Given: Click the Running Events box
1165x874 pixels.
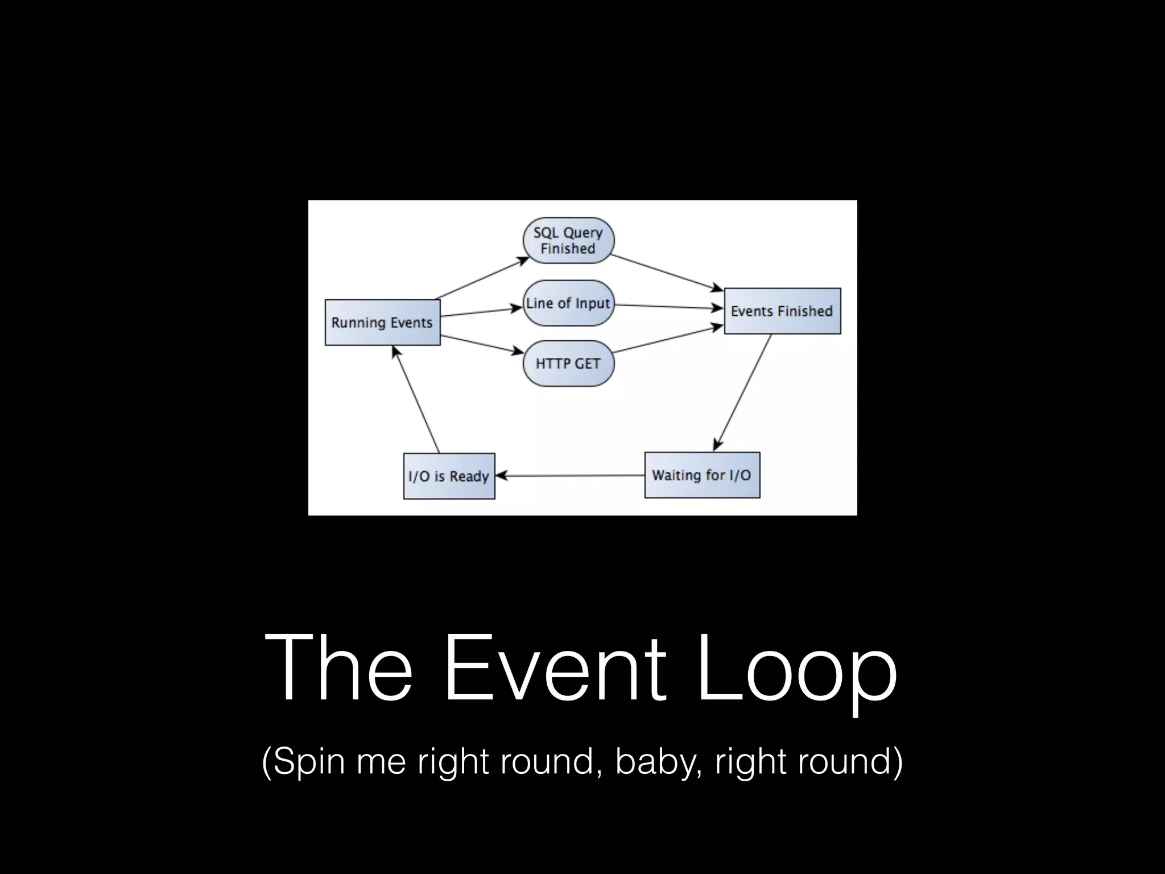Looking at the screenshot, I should click(382, 323).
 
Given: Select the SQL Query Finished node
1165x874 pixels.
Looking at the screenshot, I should click(568, 240).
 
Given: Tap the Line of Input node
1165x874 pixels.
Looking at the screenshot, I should click(568, 303).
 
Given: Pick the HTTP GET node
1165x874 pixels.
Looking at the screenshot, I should click(568, 364).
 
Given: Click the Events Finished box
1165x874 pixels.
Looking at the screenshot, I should click(782, 311).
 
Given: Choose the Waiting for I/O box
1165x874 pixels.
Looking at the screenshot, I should click(702, 475).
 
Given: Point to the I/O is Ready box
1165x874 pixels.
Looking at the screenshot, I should click(449, 476).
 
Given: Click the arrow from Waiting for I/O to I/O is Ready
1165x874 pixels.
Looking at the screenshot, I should click(569, 476).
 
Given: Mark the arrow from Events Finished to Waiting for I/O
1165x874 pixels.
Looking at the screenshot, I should click(742, 393).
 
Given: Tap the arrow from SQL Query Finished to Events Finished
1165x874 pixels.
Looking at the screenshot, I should click(667, 271).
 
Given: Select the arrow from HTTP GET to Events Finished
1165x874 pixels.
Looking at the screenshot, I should click(668, 339).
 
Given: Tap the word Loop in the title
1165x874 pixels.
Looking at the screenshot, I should click(796, 671).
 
